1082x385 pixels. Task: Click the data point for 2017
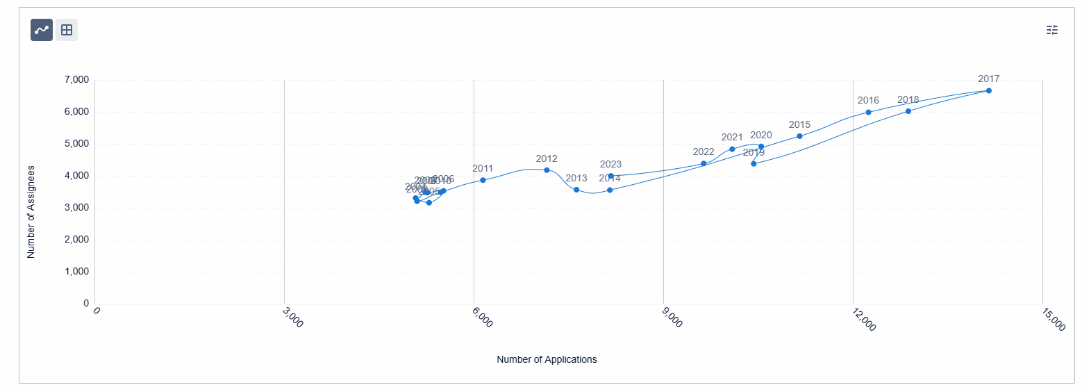point(988,91)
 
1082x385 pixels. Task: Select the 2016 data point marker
point(868,113)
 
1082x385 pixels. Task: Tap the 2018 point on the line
point(908,111)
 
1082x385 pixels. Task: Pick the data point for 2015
point(799,136)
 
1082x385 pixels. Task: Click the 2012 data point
point(547,170)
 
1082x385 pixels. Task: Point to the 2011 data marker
point(483,180)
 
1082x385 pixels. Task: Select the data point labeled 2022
point(704,164)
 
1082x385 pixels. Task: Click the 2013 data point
point(576,190)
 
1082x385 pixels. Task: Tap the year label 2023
point(610,165)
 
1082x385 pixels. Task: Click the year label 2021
point(732,138)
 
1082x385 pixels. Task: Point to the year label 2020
point(761,136)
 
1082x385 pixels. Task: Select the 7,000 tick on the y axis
point(76,80)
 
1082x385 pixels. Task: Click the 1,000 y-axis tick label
point(76,272)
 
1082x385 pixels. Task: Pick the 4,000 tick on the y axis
point(76,176)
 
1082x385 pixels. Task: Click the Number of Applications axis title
point(547,360)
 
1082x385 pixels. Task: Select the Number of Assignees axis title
point(31,212)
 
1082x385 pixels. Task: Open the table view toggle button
point(67,30)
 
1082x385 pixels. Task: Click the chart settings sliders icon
point(1052,30)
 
